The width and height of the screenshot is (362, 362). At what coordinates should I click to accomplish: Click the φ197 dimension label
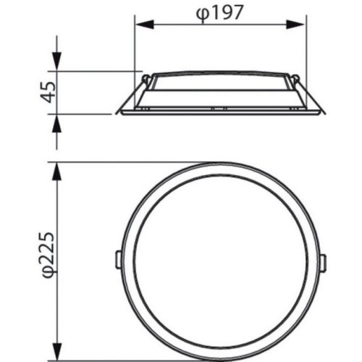tap(219, 13)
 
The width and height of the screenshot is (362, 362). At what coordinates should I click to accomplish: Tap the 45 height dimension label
tap(48, 92)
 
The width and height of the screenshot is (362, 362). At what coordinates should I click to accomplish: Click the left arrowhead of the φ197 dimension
tap(144, 25)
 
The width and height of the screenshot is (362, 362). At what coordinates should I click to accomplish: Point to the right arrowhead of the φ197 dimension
tap(295, 25)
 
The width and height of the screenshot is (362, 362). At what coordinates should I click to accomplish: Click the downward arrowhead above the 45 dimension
tap(56, 61)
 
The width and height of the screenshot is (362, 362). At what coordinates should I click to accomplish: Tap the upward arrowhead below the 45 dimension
tap(56, 124)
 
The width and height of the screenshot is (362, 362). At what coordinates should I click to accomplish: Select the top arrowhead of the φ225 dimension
tap(56, 172)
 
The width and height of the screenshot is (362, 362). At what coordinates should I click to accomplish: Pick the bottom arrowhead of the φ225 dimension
tap(56, 352)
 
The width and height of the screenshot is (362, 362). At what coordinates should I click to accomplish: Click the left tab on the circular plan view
tap(119, 259)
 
